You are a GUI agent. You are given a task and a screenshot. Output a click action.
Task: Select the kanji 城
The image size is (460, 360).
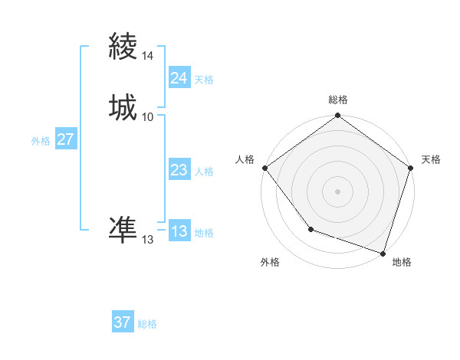123,107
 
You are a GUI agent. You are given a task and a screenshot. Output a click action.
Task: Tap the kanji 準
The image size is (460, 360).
123,229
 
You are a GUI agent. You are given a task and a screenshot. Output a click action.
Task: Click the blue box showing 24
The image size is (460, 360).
179,78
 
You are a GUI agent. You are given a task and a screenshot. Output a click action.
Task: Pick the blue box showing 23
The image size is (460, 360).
179,170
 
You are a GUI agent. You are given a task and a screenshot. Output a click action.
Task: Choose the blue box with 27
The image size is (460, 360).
66,139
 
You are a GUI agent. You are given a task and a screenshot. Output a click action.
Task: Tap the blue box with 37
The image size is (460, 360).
123,322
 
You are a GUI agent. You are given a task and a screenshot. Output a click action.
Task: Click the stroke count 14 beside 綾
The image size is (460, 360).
147,56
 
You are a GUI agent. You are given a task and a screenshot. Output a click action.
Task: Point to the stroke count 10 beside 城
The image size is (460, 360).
147,116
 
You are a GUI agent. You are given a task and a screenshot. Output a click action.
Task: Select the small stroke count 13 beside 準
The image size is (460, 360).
147,240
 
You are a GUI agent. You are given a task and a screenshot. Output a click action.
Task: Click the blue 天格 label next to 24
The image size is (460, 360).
204,80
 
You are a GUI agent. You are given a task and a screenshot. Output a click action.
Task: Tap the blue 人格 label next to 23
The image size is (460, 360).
204,172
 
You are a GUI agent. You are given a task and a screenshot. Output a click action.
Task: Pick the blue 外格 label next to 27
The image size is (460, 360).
41,141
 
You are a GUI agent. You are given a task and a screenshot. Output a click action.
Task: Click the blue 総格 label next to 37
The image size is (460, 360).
147,324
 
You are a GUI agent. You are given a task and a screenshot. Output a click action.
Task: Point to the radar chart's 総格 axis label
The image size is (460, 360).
337,100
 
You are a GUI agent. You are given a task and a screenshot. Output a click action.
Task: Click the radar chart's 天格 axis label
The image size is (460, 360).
431,159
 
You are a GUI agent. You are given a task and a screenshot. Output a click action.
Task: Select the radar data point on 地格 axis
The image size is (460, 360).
383,253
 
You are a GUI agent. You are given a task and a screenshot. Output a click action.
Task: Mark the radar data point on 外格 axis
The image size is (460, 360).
310,228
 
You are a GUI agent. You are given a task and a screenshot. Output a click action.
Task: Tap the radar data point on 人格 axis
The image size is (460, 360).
264,168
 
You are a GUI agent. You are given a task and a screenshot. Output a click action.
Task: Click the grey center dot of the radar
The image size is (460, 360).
337,191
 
